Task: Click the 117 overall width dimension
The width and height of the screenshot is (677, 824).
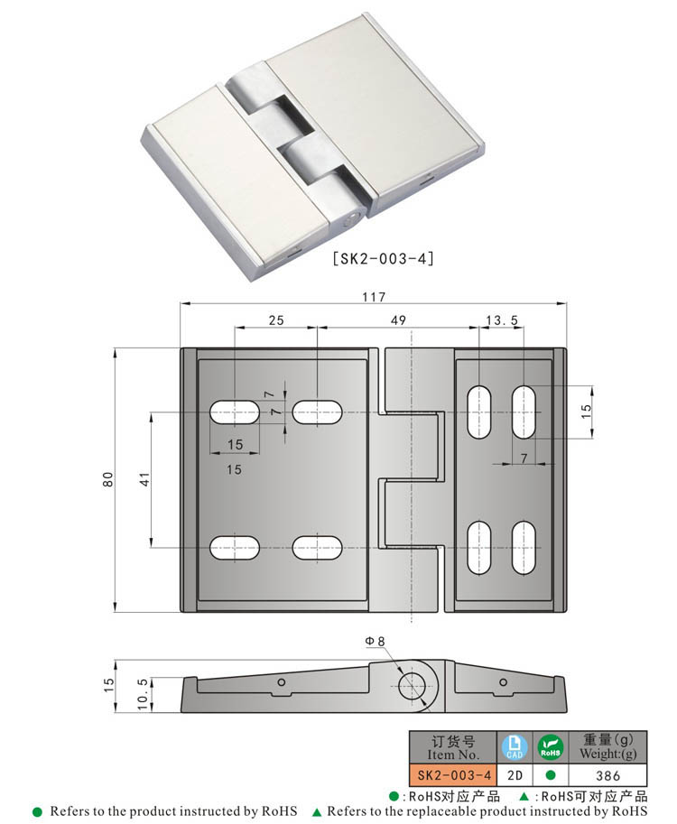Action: tap(374, 297)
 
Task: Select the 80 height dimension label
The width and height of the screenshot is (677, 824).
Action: tap(108, 479)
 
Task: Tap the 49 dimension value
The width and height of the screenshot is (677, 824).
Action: tap(398, 320)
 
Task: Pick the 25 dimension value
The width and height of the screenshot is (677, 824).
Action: tap(275, 320)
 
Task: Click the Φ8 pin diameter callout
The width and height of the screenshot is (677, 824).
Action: tap(376, 641)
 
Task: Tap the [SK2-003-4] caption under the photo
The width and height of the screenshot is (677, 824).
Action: tap(384, 259)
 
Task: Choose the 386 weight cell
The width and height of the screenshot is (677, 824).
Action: tap(608, 775)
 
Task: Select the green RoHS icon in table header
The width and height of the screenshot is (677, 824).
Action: tap(550, 746)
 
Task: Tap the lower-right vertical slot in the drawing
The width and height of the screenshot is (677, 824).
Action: tap(523, 549)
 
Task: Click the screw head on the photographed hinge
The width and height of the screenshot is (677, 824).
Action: tap(353, 218)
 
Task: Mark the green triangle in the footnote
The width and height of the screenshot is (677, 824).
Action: tap(317, 812)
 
